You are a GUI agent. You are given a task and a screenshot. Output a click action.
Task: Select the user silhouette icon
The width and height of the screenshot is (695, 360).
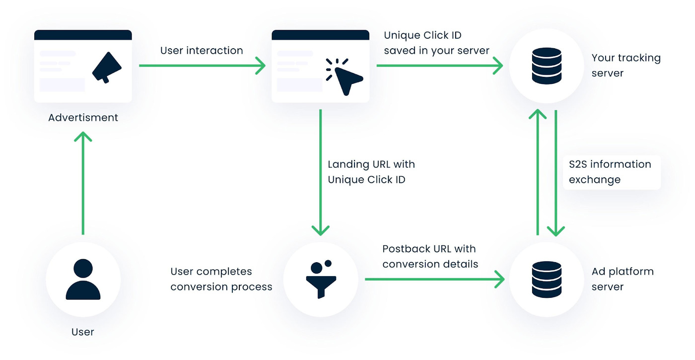[83, 279]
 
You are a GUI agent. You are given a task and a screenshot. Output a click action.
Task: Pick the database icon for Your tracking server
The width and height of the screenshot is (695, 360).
[546, 66]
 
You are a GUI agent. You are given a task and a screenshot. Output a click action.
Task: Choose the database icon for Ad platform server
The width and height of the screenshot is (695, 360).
[546, 279]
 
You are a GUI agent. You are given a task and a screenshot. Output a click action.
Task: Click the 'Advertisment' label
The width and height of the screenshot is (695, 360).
[83, 118]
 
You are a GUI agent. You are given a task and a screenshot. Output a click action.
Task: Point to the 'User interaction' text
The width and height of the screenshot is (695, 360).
[202, 51]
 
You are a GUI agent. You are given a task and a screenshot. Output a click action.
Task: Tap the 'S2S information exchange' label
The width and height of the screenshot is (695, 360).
[610, 172]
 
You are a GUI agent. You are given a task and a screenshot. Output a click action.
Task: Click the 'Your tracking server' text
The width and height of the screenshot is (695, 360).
[625, 66]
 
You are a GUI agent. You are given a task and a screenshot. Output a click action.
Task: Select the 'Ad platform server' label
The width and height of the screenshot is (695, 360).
[622, 279]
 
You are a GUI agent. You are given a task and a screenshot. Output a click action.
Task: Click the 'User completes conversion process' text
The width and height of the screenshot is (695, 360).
[221, 279]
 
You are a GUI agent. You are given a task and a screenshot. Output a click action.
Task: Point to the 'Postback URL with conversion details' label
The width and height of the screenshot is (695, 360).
[430, 256]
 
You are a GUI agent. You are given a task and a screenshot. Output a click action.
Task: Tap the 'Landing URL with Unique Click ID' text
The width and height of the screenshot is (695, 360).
[371, 172]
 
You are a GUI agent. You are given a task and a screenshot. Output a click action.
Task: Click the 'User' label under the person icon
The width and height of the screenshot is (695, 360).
[83, 332]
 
